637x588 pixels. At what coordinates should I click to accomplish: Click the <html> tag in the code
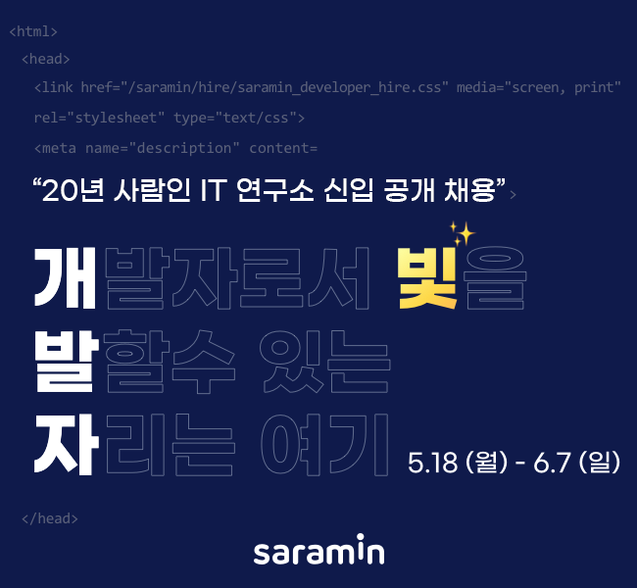pyautogui.click(x=32, y=31)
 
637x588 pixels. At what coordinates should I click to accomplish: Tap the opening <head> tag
pyautogui.click(x=45, y=60)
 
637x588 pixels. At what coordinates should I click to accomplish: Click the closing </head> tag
pyautogui.click(x=49, y=518)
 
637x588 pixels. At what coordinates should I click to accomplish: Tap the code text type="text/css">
pyautogui.click(x=239, y=119)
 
